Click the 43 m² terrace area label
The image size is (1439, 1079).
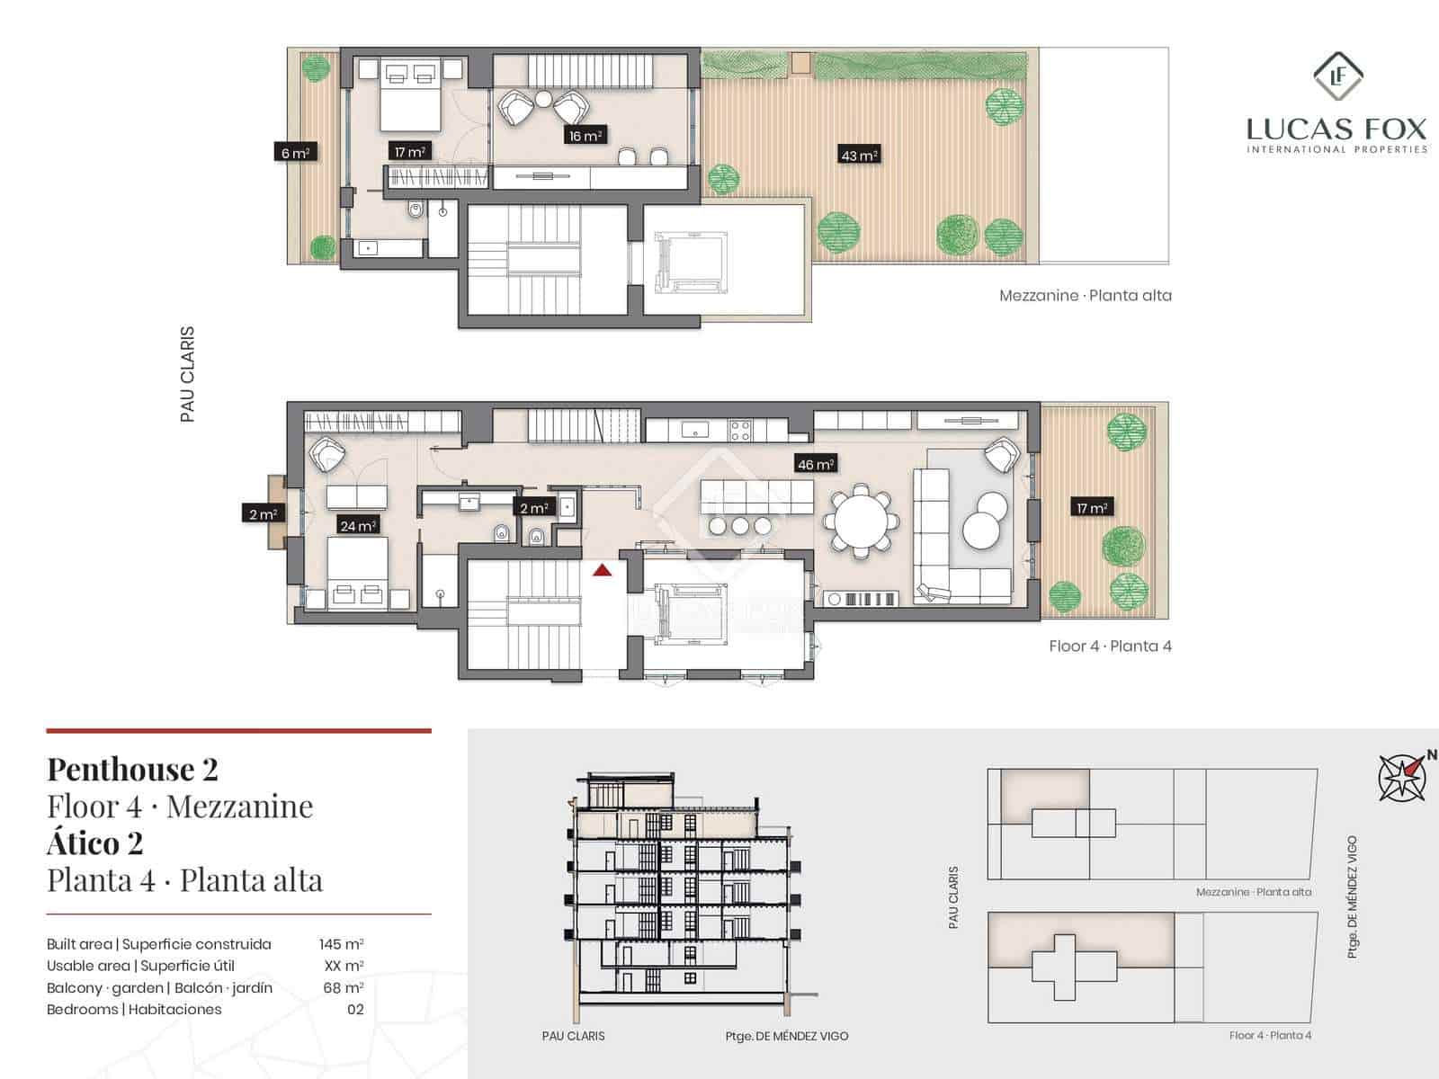point(859,155)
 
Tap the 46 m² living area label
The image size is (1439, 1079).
point(816,464)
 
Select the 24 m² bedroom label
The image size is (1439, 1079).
point(357,525)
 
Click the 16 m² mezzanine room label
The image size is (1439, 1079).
point(585,136)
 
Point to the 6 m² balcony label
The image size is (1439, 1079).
point(295,153)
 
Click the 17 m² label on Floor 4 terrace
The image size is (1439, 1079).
point(1091,508)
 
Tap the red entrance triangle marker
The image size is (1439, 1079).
point(602,569)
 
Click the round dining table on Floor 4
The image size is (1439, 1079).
point(862,520)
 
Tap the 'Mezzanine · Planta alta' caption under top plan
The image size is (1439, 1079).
point(1085,296)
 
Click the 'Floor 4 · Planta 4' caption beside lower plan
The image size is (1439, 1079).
point(1110,646)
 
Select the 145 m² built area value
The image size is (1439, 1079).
point(341,944)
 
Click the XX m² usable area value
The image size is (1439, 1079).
point(344,966)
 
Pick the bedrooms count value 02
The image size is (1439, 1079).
point(355,1009)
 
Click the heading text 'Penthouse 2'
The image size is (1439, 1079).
point(132,770)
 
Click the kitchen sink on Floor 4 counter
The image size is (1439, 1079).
point(694,431)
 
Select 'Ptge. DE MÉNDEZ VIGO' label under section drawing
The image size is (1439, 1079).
point(786,1036)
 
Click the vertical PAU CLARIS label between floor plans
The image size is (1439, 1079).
point(187,374)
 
